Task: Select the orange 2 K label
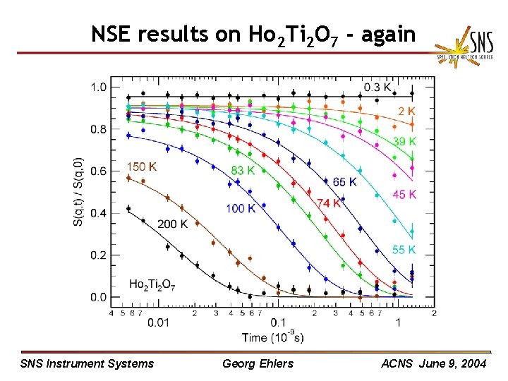click(x=406, y=111)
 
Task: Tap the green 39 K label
click(x=404, y=141)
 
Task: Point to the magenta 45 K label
click(x=404, y=194)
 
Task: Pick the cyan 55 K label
click(x=404, y=250)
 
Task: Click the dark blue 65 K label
click(x=344, y=182)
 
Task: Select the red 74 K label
click(x=328, y=203)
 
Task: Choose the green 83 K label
click(x=243, y=170)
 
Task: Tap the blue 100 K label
click(x=241, y=208)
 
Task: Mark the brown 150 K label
click(x=142, y=167)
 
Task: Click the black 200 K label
click(x=172, y=224)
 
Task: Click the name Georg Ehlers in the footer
click(x=257, y=363)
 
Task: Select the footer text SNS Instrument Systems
click(x=87, y=363)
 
